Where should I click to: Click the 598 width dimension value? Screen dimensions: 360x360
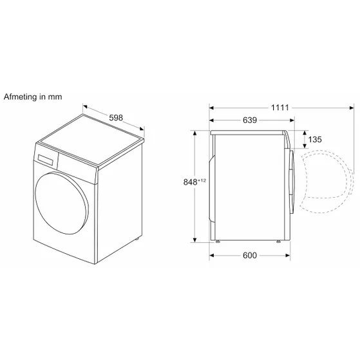(x=116, y=118)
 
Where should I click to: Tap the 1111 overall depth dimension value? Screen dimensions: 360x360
(x=280, y=108)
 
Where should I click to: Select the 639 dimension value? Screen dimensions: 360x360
(x=250, y=120)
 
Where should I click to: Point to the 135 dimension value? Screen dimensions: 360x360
(x=315, y=139)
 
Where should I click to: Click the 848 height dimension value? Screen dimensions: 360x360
(x=191, y=182)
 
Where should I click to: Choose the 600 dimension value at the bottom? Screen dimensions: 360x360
(x=250, y=255)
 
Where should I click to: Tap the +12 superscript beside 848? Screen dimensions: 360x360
(x=202, y=180)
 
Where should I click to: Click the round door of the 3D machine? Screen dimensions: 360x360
(x=62, y=203)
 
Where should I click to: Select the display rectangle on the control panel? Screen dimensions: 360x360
(x=46, y=160)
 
